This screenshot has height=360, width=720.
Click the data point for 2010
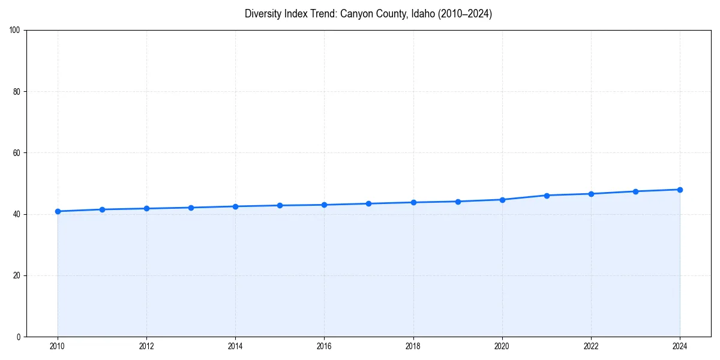58,211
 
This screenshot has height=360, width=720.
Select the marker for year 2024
680,190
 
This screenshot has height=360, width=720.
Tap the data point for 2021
547,196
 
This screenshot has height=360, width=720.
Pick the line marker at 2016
324,205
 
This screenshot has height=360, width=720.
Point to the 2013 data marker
191,208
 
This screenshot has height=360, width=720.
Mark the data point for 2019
458,202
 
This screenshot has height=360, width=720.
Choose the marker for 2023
635,191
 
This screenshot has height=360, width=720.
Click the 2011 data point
102,209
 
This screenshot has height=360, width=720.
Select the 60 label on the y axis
16,153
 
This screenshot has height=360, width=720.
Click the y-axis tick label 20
16,275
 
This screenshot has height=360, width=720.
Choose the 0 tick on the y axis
18,337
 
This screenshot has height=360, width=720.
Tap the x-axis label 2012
146,346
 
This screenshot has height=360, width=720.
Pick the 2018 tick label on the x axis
413,346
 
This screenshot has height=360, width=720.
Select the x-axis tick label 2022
591,346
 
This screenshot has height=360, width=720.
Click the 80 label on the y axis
16,92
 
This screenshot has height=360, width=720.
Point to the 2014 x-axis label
235,346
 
